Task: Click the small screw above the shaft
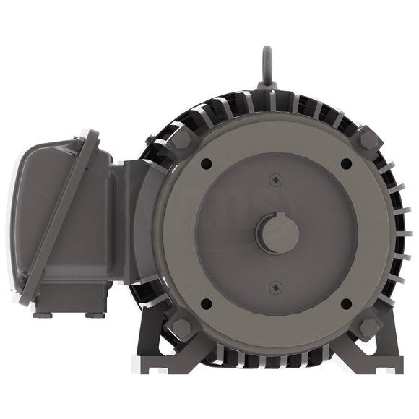point(276,179)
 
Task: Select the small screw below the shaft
point(276,288)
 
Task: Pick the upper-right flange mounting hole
point(346,164)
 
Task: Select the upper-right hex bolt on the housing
point(369,137)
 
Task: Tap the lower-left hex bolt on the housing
point(181,329)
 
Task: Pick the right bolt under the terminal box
point(94,314)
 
